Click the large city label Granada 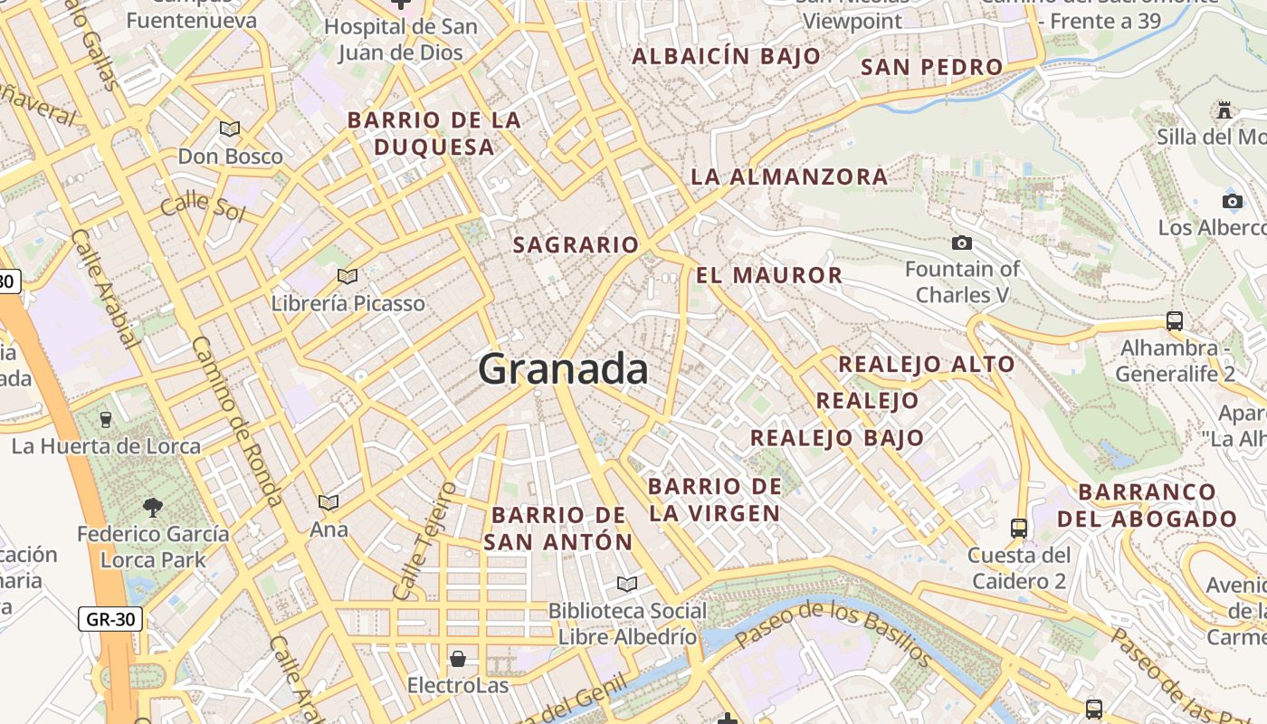(x=563, y=369)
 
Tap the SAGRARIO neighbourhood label (x=576, y=244)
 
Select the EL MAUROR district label (x=769, y=275)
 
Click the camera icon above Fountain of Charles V (x=962, y=243)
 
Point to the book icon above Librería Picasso (x=347, y=276)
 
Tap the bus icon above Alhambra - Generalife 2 (x=1174, y=320)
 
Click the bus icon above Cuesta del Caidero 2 (x=1019, y=528)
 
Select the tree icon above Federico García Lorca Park (x=153, y=507)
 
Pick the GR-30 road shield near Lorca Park (x=110, y=619)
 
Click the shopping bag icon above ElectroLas (x=458, y=658)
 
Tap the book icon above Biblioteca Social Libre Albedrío (x=626, y=584)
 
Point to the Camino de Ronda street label (x=237, y=421)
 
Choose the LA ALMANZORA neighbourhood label (x=789, y=176)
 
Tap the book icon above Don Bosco (x=230, y=129)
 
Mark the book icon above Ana (x=329, y=502)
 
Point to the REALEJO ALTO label (x=926, y=365)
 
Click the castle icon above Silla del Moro (x=1224, y=110)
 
